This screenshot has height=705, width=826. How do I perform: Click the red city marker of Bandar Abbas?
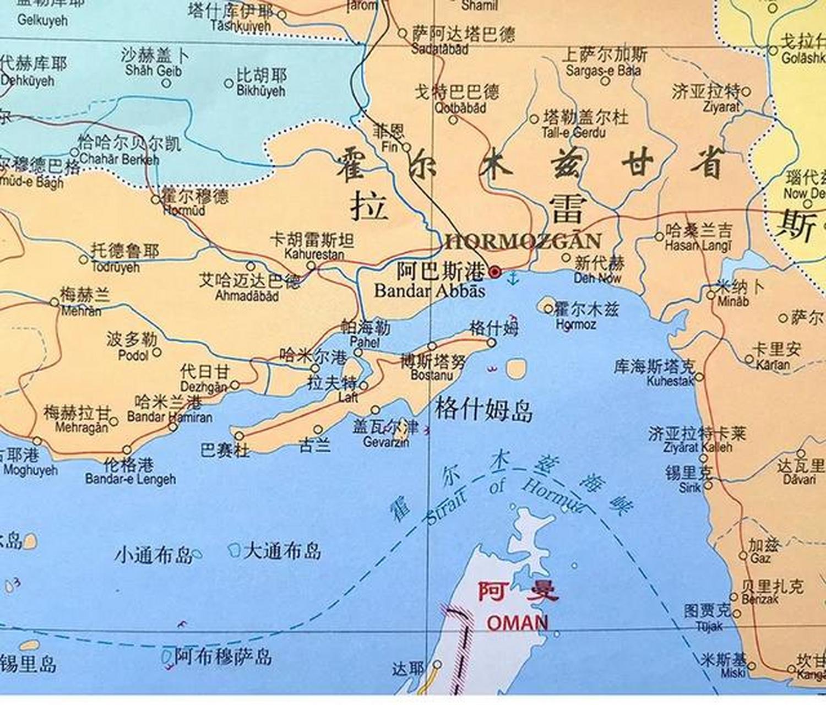[495, 272]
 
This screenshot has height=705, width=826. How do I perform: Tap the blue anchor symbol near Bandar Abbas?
[513, 278]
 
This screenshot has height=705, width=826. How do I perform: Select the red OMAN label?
[518, 623]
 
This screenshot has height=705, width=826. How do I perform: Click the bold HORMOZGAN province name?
[523, 241]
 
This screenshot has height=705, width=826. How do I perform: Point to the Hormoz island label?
[576, 324]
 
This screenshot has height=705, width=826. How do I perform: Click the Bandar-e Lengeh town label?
[131, 479]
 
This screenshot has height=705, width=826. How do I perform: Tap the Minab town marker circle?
[710, 296]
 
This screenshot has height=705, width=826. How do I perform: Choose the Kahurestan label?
[314, 254]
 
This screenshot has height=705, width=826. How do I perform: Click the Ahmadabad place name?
[247, 296]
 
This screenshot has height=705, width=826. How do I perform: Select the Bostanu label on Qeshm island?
[432, 375]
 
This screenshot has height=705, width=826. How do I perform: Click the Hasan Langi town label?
[698, 246]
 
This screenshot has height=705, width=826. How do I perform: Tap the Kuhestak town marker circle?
[699, 377]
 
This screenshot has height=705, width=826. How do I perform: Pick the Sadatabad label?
[440, 49]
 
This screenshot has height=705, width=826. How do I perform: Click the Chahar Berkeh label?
[119, 159]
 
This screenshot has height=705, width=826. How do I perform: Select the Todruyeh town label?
[115, 267]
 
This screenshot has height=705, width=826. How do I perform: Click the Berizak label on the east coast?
[760, 599]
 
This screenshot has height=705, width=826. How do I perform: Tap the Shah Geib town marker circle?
[166, 84]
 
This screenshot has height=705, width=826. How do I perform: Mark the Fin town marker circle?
[406, 148]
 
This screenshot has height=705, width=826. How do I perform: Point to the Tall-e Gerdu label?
[573, 132]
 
